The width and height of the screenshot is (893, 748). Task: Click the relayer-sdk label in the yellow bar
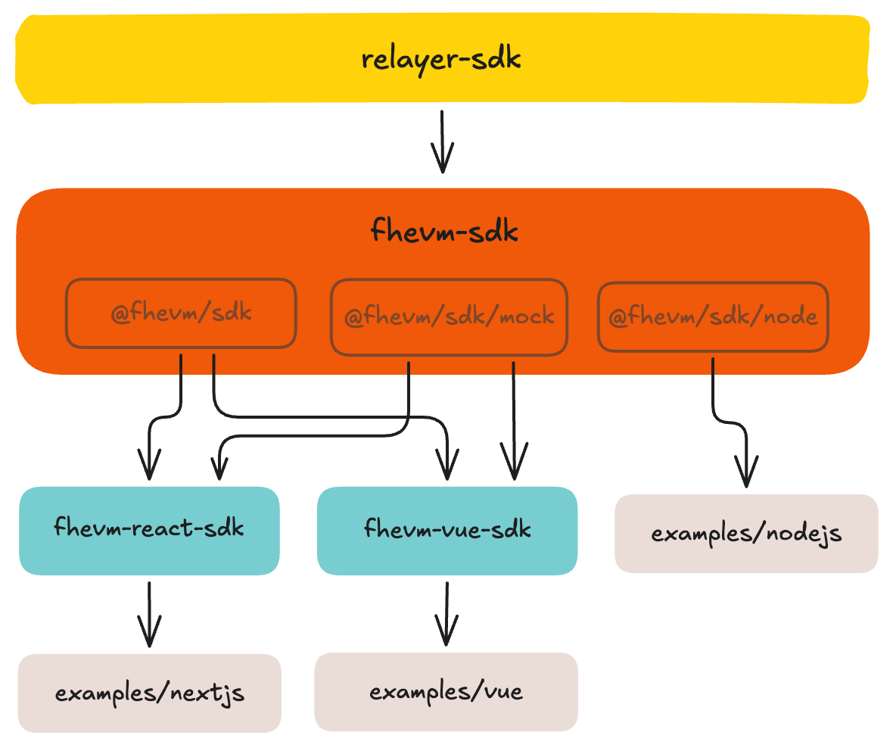coord(441,59)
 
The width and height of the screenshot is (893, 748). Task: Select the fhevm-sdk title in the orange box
coord(444,230)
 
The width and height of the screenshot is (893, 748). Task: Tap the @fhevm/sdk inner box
coord(181,313)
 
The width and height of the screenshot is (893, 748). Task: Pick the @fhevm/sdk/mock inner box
coord(449,316)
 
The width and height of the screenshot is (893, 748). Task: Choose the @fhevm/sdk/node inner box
coord(713,316)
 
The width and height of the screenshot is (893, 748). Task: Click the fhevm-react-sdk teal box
coord(149,529)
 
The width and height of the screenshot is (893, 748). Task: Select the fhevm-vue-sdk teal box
coord(447,529)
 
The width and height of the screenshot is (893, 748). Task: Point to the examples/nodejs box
coord(746,533)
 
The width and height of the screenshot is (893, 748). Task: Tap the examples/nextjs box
coord(150,693)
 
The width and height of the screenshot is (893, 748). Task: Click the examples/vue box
coord(446,691)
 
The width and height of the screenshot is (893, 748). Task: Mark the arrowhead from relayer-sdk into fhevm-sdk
coord(442,161)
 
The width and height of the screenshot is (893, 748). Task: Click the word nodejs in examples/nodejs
coord(806,534)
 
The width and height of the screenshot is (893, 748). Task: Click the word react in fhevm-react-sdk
coord(163,526)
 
